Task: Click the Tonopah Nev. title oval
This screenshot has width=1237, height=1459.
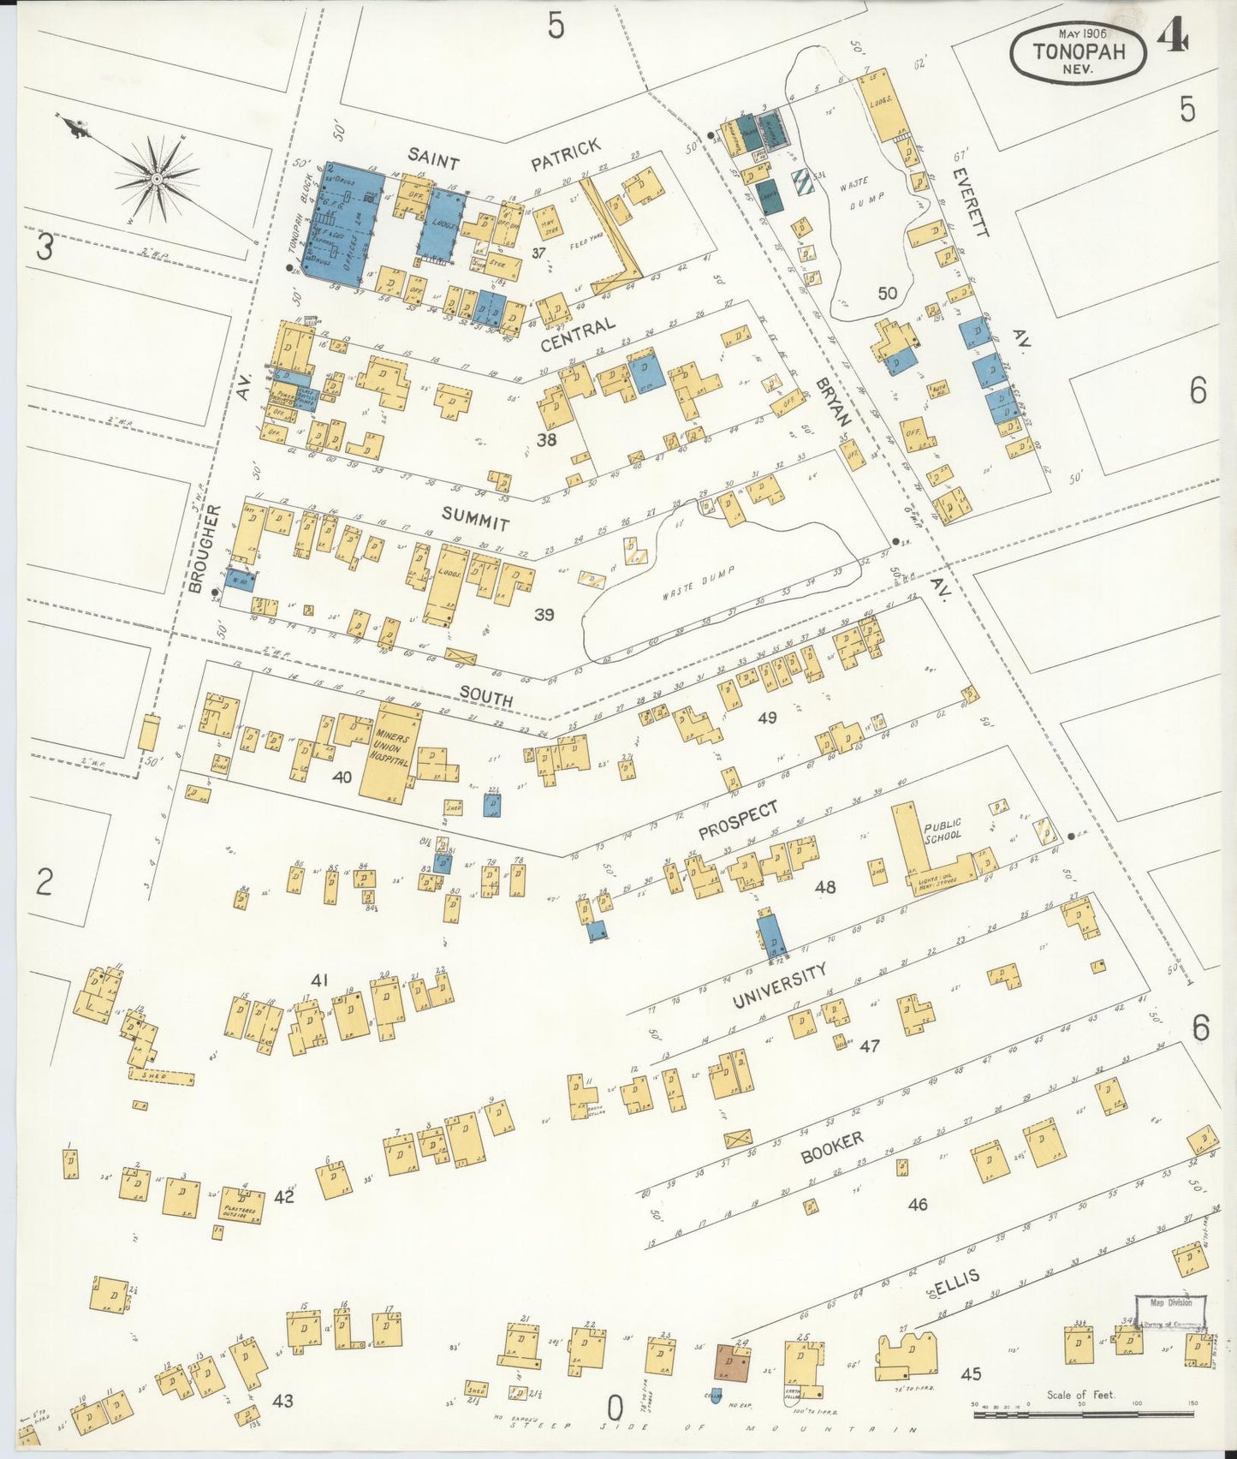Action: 1077,52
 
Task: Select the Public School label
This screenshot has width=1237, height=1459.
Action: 942,830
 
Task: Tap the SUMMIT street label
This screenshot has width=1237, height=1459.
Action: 475,518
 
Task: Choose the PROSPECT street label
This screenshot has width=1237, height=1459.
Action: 737,819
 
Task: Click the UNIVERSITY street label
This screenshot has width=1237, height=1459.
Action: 779,986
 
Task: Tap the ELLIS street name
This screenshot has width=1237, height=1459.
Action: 955,1284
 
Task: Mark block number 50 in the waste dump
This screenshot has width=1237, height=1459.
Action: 887,293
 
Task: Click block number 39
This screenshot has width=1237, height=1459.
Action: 544,614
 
